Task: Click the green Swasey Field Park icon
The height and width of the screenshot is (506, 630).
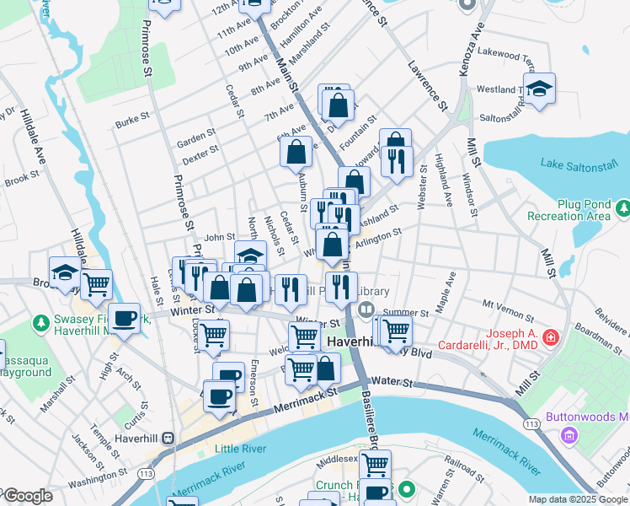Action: point(41,323)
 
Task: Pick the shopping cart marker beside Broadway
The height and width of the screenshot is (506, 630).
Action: point(97,284)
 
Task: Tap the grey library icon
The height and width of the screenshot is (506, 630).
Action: point(366,310)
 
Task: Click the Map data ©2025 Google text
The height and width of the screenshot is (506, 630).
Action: point(578,499)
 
